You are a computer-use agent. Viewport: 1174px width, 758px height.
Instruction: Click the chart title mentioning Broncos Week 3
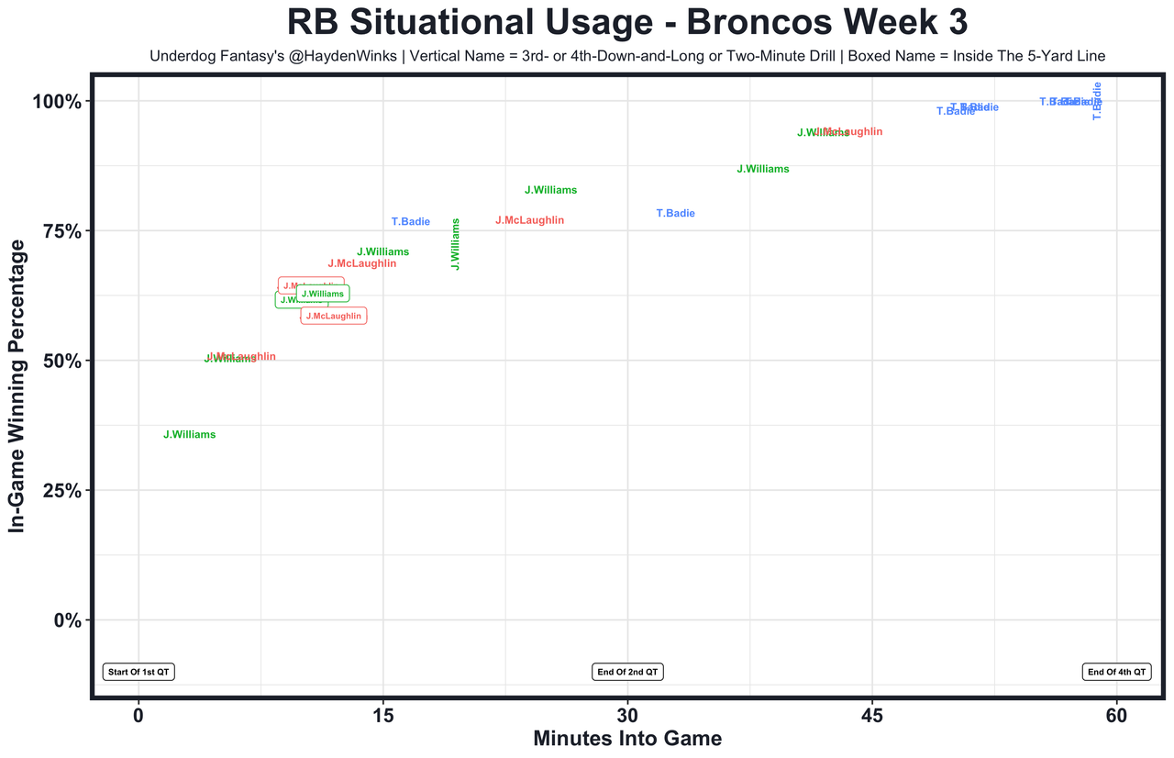[626, 22]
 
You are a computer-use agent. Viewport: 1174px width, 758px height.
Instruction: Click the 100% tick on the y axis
[60, 101]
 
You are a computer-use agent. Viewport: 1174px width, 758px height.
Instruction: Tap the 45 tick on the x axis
[872, 715]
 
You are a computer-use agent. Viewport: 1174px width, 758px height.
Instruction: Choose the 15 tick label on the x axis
[382, 715]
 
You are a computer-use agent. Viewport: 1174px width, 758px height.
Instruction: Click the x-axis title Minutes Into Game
[627, 738]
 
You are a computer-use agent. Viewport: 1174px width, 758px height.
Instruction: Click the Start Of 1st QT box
[138, 672]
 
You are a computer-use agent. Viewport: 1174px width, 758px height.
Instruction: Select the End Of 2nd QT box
[628, 672]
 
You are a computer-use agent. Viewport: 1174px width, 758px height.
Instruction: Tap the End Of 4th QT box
[1116, 672]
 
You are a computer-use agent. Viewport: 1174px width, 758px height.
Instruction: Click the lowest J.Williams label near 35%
[190, 435]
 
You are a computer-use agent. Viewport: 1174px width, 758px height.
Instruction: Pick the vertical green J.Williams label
[456, 244]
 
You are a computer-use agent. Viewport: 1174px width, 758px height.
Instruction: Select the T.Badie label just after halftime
[676, 214]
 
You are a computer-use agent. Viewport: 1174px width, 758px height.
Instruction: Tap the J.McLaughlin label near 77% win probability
[529, 221]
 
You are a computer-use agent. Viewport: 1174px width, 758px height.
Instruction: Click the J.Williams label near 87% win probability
[763, 170]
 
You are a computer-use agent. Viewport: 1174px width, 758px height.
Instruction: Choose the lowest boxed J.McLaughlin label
[334, 316]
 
